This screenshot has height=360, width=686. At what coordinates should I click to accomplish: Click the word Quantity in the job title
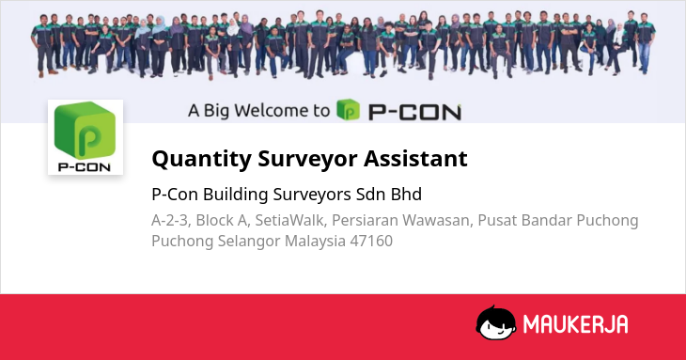[201, 159]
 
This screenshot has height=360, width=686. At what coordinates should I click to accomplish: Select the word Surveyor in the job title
[307, 159]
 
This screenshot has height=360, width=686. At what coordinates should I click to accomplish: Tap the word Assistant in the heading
[415, 158]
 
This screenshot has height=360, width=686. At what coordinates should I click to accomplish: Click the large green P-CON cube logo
[85, 130]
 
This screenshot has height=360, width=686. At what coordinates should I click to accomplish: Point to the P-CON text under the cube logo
[85, 167]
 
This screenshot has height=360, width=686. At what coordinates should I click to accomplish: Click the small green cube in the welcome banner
[349, 110]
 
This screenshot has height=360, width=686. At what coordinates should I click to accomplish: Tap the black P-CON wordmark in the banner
[414, 112]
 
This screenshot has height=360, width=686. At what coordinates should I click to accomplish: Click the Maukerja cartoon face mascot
[495, 322]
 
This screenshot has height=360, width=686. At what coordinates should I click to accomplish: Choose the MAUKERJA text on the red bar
[576, 324]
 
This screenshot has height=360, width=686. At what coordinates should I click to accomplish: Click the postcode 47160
[371, 241]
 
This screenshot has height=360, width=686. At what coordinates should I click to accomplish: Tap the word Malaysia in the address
[316, 242]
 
